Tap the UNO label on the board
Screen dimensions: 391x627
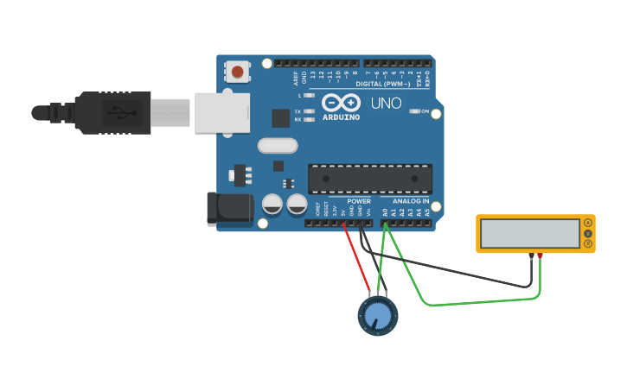pos(386,104)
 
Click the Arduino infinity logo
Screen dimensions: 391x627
pos(340,103)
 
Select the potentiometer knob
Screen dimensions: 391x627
pos(378,317)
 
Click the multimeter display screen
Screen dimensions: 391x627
pos(530,233)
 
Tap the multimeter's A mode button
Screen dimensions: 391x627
pos(588,223)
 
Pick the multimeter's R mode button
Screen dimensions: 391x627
pos(588,244)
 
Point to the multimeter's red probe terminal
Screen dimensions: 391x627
pos(540,255)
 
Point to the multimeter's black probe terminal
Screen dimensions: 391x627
pos(531,255)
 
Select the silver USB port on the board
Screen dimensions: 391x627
pos(221,113)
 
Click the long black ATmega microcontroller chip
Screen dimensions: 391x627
pos(370,179)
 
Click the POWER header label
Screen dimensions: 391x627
pos(359,201)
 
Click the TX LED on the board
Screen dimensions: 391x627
pos(309,111)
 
